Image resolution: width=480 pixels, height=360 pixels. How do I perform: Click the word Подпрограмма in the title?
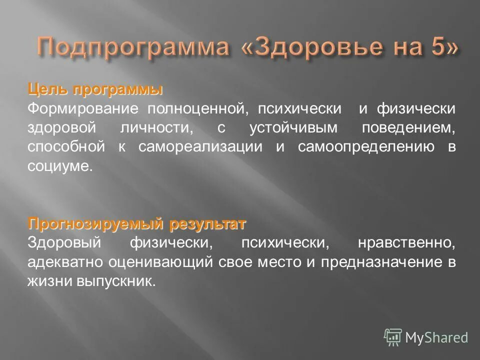click(132, 47)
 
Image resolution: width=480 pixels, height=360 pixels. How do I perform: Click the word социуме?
click(60, 166)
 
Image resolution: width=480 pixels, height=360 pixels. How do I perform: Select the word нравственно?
click(406, 243)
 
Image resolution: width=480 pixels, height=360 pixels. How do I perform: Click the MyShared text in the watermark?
click(436, 337)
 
